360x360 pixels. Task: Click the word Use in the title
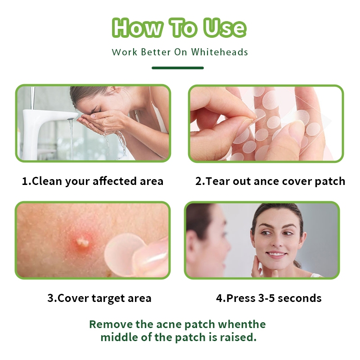tap(225, 28)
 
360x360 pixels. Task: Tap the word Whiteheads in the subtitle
tap(220, 52)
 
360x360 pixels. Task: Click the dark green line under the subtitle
tap(178, 68)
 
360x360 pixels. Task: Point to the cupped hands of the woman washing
tap(96, 123)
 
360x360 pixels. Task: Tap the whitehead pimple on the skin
tap(82, 242)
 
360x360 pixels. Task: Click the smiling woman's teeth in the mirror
tap(276, 254)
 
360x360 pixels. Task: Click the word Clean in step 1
tap(47, 181)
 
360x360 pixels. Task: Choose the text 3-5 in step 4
tap(266, 298)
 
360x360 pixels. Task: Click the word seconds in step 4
tap(299, 298)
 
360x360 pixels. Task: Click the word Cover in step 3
tap(73, 298)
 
